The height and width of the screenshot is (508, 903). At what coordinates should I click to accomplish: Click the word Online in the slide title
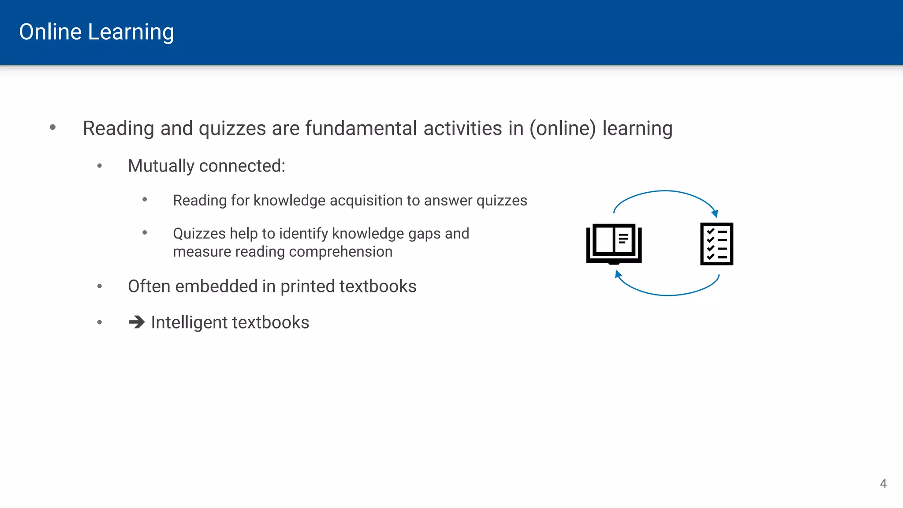pos(50,32)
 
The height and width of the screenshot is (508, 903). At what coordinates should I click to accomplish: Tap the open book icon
pos(614,243)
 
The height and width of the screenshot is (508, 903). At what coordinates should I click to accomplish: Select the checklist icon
pos(716,244)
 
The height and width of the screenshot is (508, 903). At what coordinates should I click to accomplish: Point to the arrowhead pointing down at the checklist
pos(715,214)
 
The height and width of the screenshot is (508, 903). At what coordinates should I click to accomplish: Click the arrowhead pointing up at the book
pos(618,274)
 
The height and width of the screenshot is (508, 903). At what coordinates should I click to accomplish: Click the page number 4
pos(883,483)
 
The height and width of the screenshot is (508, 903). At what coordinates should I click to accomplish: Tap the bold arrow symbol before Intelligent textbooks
pos(137,322)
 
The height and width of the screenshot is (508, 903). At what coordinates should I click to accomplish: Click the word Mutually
pos(161,166)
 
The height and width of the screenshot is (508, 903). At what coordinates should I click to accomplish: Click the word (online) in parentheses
pos(563,129)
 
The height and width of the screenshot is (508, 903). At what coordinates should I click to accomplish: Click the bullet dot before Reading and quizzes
pos(53,127)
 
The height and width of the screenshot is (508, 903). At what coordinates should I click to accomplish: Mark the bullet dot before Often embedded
pos(100,287)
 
